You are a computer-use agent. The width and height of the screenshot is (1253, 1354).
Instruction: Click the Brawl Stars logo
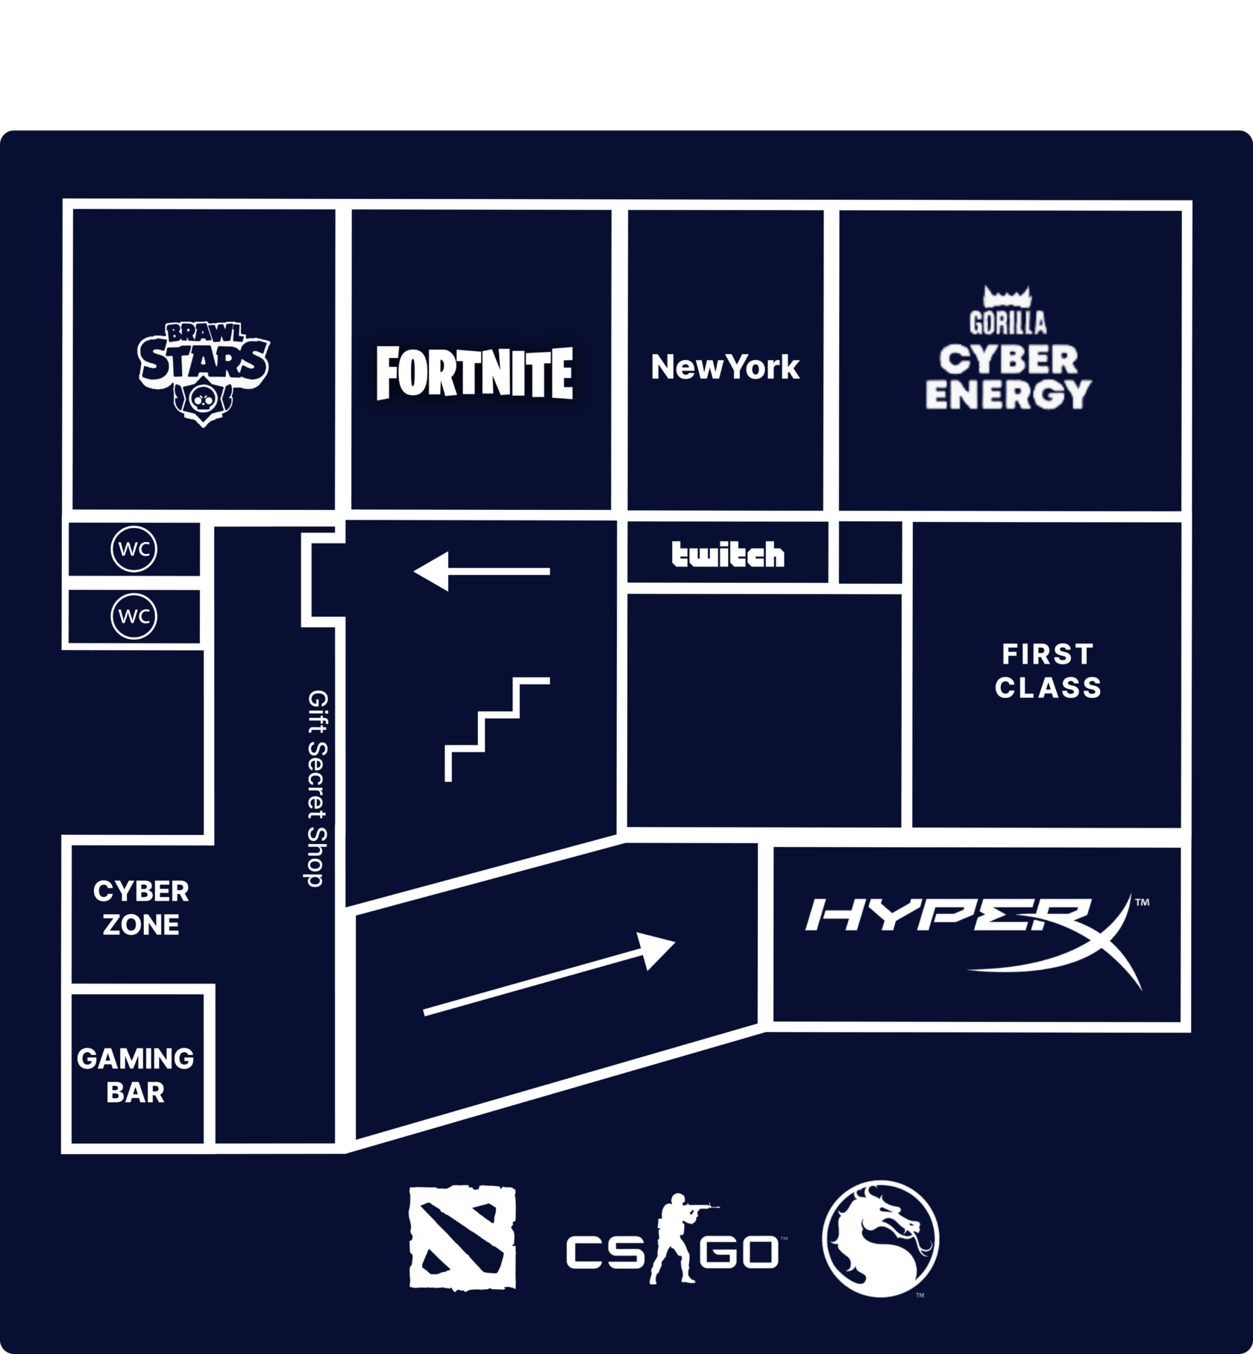[203, 373]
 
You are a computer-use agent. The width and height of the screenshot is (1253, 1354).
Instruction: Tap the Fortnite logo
[474, 373]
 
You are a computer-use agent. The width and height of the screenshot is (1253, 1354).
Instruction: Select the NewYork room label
[725, 367]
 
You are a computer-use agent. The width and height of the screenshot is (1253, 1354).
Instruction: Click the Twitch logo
[728, 555]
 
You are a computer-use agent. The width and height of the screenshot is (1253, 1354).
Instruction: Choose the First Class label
[1048, 671]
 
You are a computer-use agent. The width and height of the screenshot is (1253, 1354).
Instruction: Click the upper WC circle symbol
[134, 549]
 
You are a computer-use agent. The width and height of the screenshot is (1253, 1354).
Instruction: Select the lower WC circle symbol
[134, 617]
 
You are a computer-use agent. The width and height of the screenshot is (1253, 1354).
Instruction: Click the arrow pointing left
[481, 572]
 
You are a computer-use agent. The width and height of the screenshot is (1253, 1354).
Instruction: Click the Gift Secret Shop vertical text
[317, 788]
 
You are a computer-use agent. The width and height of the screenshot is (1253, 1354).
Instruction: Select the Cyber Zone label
[141, 907]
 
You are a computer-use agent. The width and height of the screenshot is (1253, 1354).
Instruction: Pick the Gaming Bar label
[135, 1074]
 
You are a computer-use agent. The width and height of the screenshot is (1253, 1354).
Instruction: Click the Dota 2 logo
[462, 1237]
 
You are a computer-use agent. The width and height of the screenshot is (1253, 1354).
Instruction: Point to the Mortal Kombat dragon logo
[880, 1238]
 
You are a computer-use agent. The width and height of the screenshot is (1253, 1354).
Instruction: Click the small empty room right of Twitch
[870, 552]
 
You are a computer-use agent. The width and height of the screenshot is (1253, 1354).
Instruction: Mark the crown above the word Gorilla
[1007, 297]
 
